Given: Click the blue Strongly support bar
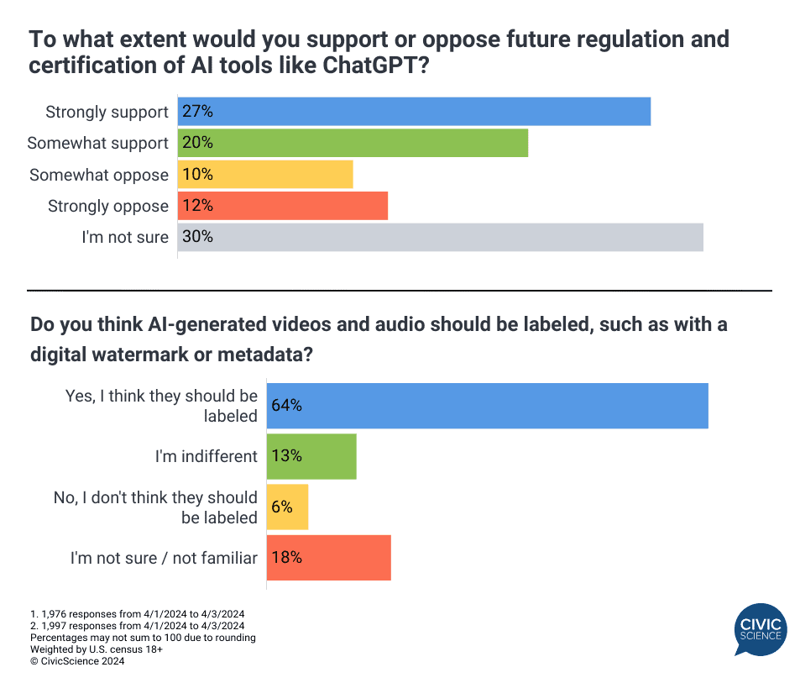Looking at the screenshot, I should click(x=414, y=112).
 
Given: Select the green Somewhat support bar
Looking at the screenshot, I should click(x=353, y=143).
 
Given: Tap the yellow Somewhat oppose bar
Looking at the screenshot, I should click(x=265, y=175).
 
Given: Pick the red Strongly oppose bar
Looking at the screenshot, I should click(x=283, y=206).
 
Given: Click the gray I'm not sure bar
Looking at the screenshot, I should click(x=441, y=237).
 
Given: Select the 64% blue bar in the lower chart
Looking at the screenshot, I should click(x=487, y=406).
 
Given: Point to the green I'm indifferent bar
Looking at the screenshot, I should click(x=311, y=456).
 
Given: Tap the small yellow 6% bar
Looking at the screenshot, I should click(x=288, y=507).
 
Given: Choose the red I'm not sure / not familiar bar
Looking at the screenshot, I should click(x=329, y=558).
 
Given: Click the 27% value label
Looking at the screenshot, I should click(x=198, y=112).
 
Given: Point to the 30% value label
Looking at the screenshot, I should click(x=198, y=237).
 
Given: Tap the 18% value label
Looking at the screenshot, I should click(x=286, y=558).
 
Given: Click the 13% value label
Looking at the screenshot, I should click(x=286, y=456).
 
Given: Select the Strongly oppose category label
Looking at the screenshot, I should click(x=108, y=206).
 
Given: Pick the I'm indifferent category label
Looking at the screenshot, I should click(x=206, y=456).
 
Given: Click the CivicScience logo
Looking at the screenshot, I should click(x=761, y=631).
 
